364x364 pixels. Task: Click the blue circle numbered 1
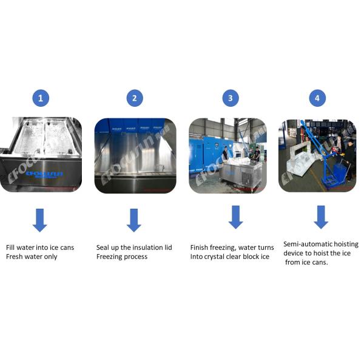41,98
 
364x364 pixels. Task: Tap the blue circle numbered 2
135,98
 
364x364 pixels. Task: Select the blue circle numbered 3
231,98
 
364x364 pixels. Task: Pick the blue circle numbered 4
317,98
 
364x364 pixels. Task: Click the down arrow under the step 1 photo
40,220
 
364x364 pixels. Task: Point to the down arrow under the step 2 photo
134,220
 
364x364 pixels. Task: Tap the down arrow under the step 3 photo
235,217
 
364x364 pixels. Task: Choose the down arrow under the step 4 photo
321,217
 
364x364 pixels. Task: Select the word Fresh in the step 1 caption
15,257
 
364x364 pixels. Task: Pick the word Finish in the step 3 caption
199,248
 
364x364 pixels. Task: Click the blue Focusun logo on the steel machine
44,174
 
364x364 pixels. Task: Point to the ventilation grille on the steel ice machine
246,178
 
